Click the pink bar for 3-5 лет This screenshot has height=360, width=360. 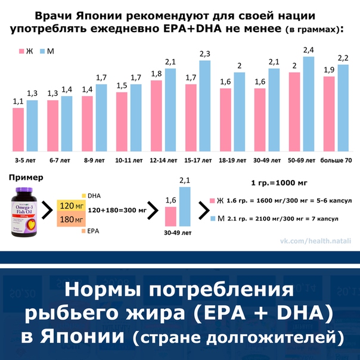click(18, 130)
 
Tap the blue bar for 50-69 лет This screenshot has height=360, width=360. click(308, 104)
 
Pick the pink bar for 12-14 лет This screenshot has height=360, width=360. click(157, 116)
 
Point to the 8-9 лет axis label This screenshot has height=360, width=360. click(94, 160)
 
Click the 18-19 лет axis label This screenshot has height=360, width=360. click(232, 160)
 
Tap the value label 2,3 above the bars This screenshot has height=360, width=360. click(205, 54)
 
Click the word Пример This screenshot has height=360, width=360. click(24, 177)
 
